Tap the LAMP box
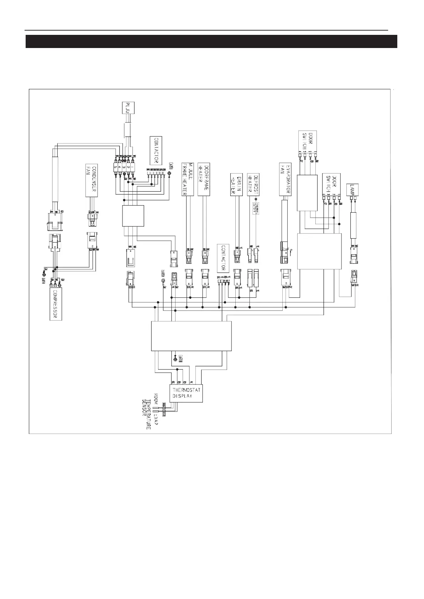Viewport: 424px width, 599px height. (x=352, y=187)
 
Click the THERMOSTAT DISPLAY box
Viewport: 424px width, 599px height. (x=186, y=393)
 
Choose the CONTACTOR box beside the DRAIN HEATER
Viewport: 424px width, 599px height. (x=223, y=258)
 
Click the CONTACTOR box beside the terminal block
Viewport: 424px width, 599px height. (x=156, y=149)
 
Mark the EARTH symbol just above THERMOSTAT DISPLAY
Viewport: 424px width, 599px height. (x=174, y=359)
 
